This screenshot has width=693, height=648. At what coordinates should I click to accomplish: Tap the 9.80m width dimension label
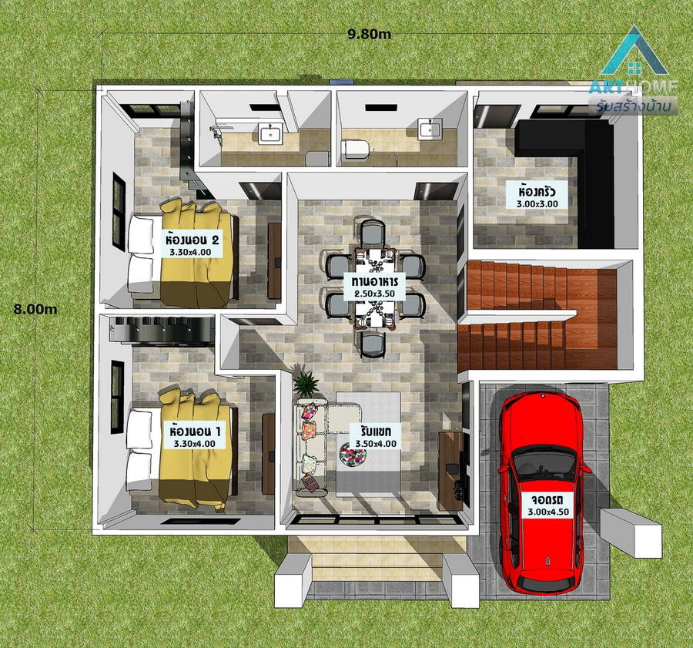tap(370, 35)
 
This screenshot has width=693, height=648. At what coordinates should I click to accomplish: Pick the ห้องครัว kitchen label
tap(537, 192)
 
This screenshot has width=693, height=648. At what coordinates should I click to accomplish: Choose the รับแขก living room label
tap(374, 431)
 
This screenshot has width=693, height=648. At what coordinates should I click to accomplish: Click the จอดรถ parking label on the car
tap(547, 500)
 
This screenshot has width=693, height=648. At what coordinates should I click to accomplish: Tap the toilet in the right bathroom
tap(354, 149)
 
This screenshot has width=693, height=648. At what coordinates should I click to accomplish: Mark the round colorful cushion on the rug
tap(353, 455)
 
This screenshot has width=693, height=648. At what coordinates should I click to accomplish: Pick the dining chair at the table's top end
tap(373, 232)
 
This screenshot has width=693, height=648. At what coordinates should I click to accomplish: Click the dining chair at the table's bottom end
tap(373, 344)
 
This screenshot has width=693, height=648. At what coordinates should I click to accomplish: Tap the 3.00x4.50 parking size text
tap(548, 512)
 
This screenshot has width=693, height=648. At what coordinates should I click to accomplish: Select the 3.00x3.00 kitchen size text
tap(537, 204)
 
